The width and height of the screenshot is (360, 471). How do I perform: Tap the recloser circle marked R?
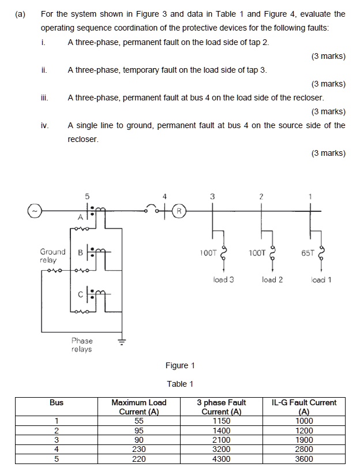(x=179, y=211)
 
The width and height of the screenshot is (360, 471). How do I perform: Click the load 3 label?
(x=223, y=280)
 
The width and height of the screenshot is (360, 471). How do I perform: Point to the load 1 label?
(x=321, y=280)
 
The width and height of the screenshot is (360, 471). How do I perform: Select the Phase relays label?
(x=81, y=345)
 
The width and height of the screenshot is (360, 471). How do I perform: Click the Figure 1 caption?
(x=180, y=365)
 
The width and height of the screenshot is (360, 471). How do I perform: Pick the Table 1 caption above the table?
(x=180, y=384)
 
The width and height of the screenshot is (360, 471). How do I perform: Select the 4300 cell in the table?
(x=221, y=459)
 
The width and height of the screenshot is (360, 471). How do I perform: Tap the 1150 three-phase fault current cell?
(x=221, y=421)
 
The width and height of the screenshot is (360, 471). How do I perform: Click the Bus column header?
(x=57, y=402)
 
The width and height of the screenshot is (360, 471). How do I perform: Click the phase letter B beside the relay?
(x=79, y=252)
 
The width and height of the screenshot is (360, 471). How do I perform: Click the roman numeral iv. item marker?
(x=44, y=125)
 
